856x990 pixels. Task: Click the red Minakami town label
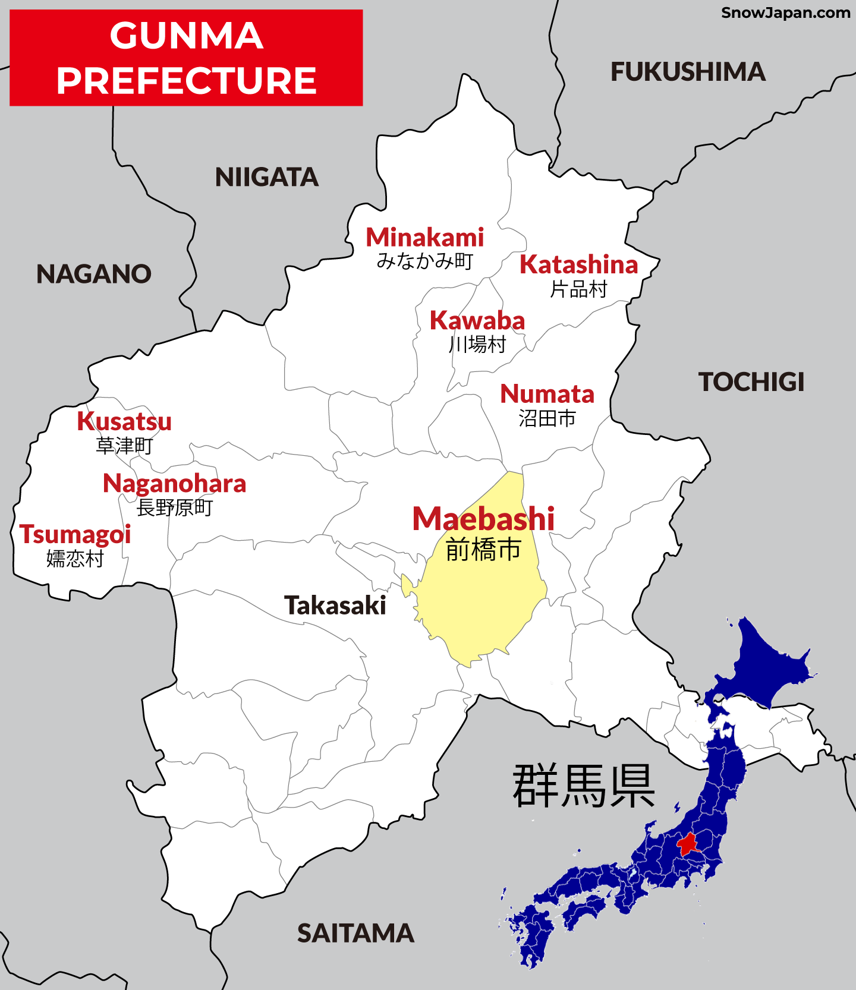click(424, 238)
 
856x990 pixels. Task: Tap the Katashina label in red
click(578, 265)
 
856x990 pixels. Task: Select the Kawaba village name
click(477, 321)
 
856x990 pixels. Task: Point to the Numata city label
click(547, 394)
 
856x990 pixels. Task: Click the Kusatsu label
click(124, 422)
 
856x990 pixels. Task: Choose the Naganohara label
click(174, 484)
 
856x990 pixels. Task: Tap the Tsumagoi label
click(75, 534)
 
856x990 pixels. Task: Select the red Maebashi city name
click(483, 519)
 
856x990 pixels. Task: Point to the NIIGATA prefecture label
click(267, 177)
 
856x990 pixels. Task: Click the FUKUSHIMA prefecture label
click(688, 72)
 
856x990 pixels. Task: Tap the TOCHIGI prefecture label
click(751, 382)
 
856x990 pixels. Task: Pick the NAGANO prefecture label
click(94, 274)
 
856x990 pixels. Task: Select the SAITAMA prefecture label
click(355, 934)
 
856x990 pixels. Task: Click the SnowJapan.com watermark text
click(785, 12)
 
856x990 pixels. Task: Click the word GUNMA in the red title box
click(186, 36)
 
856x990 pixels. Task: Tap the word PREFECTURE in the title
click(186, 81)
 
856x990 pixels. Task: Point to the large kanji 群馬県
click(583, 786)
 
